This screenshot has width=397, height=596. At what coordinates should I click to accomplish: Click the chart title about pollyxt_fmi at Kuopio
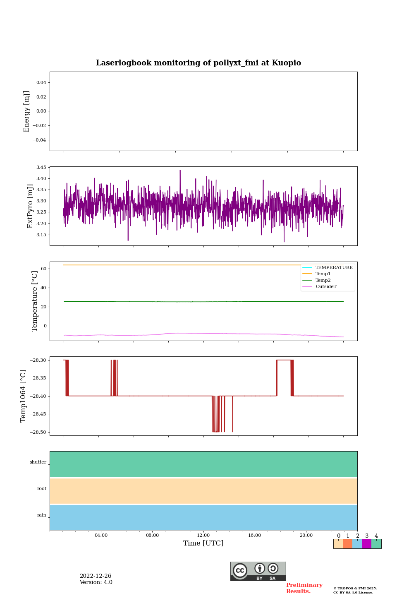tap(198, 63)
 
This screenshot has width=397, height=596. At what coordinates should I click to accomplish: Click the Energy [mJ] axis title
tap(27, 111)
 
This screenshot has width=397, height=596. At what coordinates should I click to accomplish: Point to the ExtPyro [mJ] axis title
tap(30, 206)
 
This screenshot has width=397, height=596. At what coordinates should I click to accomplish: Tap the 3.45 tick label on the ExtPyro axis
tap(41, 168)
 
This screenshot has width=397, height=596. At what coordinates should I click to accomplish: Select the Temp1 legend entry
tap(323, 274)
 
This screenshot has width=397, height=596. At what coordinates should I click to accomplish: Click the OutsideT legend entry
tap(326, 287)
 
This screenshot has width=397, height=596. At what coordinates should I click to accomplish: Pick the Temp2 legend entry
tap(323, 280)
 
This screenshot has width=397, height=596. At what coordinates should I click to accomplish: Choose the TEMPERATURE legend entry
tap(334, 267)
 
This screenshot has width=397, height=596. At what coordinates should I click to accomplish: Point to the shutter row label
tap(38, 462)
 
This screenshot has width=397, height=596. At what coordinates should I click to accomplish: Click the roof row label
tap(42, 489)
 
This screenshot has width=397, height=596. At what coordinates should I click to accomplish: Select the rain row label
tap(42, 515)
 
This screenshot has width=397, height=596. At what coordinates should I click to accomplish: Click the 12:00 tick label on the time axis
tap(203, 536)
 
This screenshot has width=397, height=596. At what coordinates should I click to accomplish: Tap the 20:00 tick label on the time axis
tap(306, 536)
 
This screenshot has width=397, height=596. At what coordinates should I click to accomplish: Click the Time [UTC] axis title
tap(203, 543)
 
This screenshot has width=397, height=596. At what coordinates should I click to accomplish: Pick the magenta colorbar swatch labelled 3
tap(366, 544)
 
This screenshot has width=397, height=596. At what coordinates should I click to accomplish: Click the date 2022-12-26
tap(96, 576)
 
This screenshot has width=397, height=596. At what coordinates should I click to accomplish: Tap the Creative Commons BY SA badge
tap(258, 571)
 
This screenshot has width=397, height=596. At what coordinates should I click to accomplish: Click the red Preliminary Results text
tap(304, 588)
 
